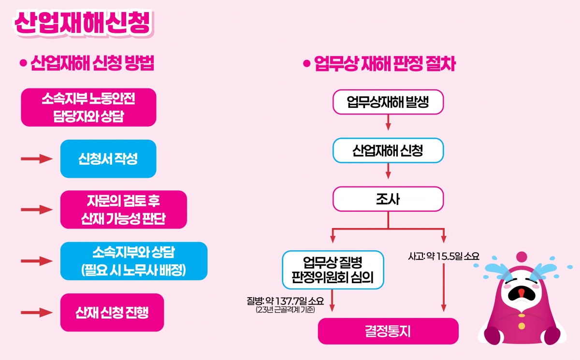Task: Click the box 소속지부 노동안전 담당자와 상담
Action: (88, 107)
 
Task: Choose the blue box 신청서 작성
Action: (108, 159)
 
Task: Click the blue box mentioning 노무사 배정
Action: (134, 261)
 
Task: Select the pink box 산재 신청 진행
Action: (112, 312)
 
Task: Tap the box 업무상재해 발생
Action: (388, 102)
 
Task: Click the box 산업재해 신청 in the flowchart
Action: (388, 151)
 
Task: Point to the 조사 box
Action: (388, 199)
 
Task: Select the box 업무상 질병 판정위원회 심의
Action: (333, 269)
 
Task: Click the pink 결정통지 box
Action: (388, 331)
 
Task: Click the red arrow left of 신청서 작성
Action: (36, 159)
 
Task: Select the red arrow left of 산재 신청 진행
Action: (36, 312)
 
